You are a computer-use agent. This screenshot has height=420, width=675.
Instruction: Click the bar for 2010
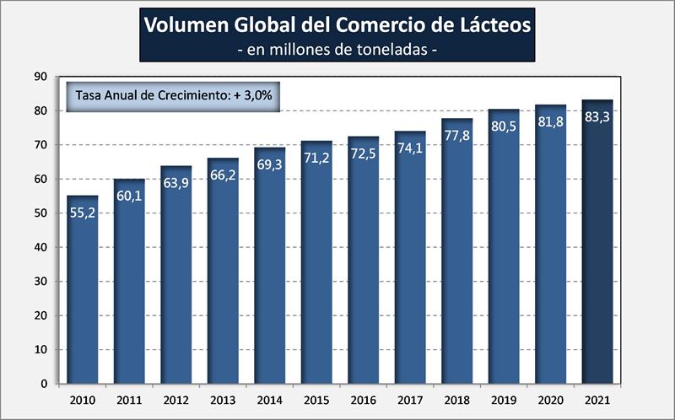[83, 291]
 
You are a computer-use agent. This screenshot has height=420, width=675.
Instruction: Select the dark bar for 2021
[597, 245]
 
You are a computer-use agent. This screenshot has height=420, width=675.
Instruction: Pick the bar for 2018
[456, 253]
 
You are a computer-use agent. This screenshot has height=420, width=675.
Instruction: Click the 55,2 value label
[83, 213]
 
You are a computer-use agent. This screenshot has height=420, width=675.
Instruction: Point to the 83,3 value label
[597, 116]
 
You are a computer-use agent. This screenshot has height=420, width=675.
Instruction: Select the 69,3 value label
[270, 164]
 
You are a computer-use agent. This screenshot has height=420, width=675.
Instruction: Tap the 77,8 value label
[456, 136]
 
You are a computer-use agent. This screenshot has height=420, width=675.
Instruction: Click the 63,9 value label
[176, 183]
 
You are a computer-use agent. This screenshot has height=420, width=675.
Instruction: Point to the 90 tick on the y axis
[40, 77]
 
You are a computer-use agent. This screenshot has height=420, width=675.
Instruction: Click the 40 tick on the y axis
[40, 247]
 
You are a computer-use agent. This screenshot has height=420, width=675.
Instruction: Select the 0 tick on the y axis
[43, 384]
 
